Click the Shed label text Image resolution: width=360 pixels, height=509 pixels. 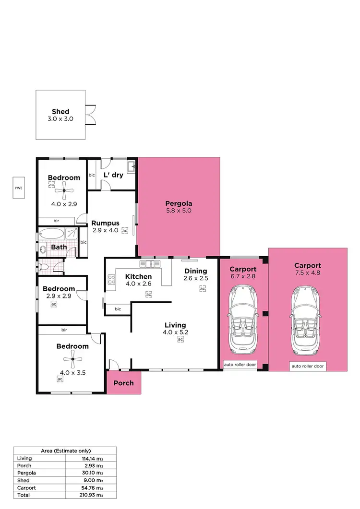[60, 111]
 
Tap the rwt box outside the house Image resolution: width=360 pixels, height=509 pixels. [19, 188]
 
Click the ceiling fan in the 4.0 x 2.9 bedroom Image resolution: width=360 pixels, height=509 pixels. [63, 193]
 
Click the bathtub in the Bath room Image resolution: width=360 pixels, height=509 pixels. [51, 235]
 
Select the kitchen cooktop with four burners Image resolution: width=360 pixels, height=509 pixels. [111, 279]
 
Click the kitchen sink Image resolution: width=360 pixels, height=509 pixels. [148, 264]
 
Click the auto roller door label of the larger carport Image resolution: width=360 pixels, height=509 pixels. [307, 366]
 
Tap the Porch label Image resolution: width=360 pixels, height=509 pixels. [124, 383]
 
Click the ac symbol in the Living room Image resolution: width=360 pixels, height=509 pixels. [180, 340]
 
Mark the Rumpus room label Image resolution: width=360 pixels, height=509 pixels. [105, 223]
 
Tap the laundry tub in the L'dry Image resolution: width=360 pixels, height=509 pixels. [131, 167]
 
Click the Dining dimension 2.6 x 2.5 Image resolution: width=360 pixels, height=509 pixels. [196, 279]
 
